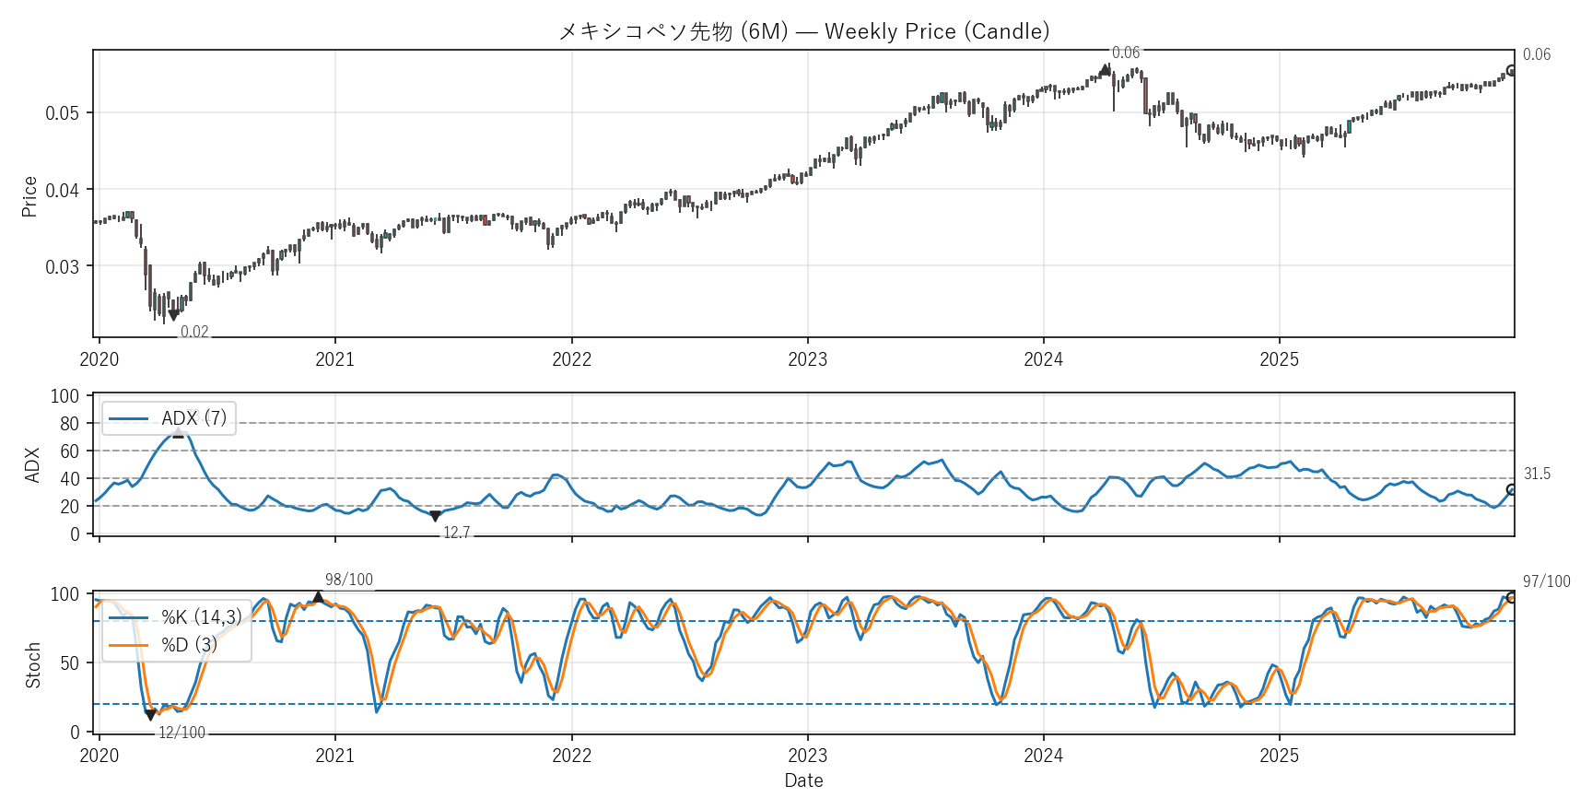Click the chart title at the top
click(803, 31)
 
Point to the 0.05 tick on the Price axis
click(62, 113)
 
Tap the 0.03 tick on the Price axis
click(62, 267)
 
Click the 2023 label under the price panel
click(807, 359)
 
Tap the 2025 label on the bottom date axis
click(1279, 756)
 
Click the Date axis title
click(803, 780)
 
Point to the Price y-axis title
click(29, 196)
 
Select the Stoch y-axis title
click(33, 665)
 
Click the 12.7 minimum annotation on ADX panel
click(456, 533)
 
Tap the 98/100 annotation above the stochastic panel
click(349, 580)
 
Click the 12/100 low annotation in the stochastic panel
click(181, 733)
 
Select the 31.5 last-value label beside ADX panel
click(1537, 474)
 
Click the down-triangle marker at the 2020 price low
click(173, 315)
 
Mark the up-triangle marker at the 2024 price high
click(1106, 69)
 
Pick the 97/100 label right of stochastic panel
click(1546, 581)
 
